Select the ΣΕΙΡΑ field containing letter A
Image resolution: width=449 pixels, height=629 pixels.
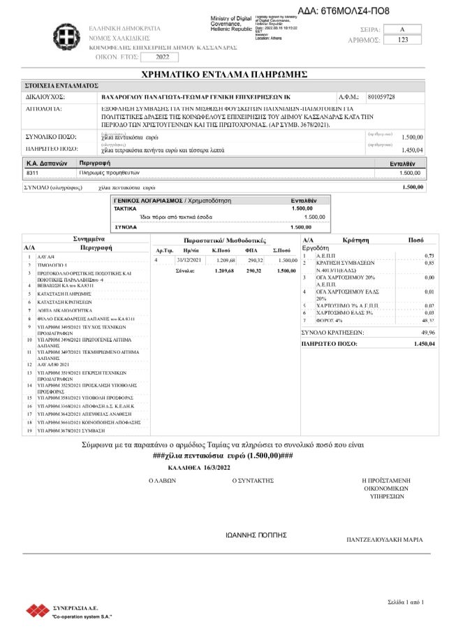coord(402,29)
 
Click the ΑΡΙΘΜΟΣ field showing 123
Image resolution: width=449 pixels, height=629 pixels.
coord(402,40)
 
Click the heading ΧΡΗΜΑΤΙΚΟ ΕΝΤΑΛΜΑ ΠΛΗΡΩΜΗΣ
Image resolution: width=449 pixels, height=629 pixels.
coord(224,73)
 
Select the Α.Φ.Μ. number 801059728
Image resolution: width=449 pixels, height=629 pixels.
coord(381,96)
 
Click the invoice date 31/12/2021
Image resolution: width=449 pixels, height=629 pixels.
coord(189,260)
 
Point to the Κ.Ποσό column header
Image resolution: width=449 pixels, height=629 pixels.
coord(221,250)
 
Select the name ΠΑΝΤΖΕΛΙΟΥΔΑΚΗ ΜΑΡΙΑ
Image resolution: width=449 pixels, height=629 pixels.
coord(385,540)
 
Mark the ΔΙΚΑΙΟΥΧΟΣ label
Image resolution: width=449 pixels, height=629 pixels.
coord(45,96)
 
